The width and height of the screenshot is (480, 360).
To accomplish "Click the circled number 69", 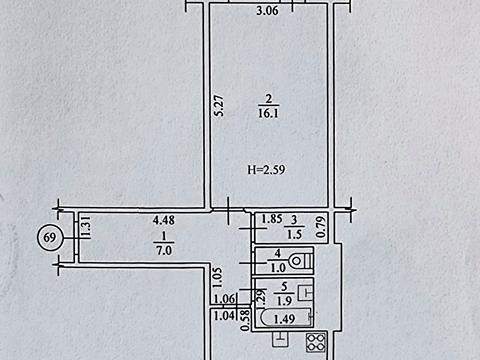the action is point(50,238).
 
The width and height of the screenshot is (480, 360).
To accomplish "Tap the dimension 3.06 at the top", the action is point(267,11).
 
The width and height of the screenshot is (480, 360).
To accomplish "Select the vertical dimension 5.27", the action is point(219,106).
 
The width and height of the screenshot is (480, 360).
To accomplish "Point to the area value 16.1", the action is point(268,113).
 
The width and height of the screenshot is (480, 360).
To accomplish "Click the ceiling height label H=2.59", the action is point(266,170).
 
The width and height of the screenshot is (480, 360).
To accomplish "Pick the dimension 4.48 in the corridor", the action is point(164,220).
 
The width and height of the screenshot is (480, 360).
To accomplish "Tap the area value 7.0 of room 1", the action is point(164,250).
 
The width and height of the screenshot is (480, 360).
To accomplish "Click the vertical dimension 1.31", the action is point(86,227).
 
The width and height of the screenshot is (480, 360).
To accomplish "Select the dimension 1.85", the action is point(272,219).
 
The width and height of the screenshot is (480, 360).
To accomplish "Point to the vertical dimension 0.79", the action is point(321,227).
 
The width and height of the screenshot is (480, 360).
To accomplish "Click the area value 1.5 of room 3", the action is point(294,234).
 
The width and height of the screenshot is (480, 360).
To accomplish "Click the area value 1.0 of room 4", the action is point(278,268).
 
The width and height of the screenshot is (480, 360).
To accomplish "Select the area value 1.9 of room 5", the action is point(284,301).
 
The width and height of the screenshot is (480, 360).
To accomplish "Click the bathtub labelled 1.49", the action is point(284,318).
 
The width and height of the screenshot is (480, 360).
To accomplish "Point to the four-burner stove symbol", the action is point(316,342).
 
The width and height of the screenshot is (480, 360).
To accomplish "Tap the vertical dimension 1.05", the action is point(218,278).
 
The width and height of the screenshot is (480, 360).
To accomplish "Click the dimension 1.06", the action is point(224,299).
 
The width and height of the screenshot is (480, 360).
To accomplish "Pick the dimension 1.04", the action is point(224,315).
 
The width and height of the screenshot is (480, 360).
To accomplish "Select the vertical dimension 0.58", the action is point(246,320).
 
